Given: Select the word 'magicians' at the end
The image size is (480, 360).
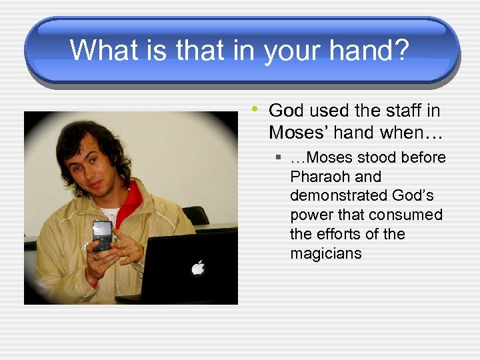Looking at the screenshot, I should pyautogui.click(x=326, y=253).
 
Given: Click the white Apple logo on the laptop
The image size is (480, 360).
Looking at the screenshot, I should pyautogui.click(x=197, y=267).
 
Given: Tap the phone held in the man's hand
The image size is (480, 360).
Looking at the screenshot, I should pyautogui.click(x=103, y=234).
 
